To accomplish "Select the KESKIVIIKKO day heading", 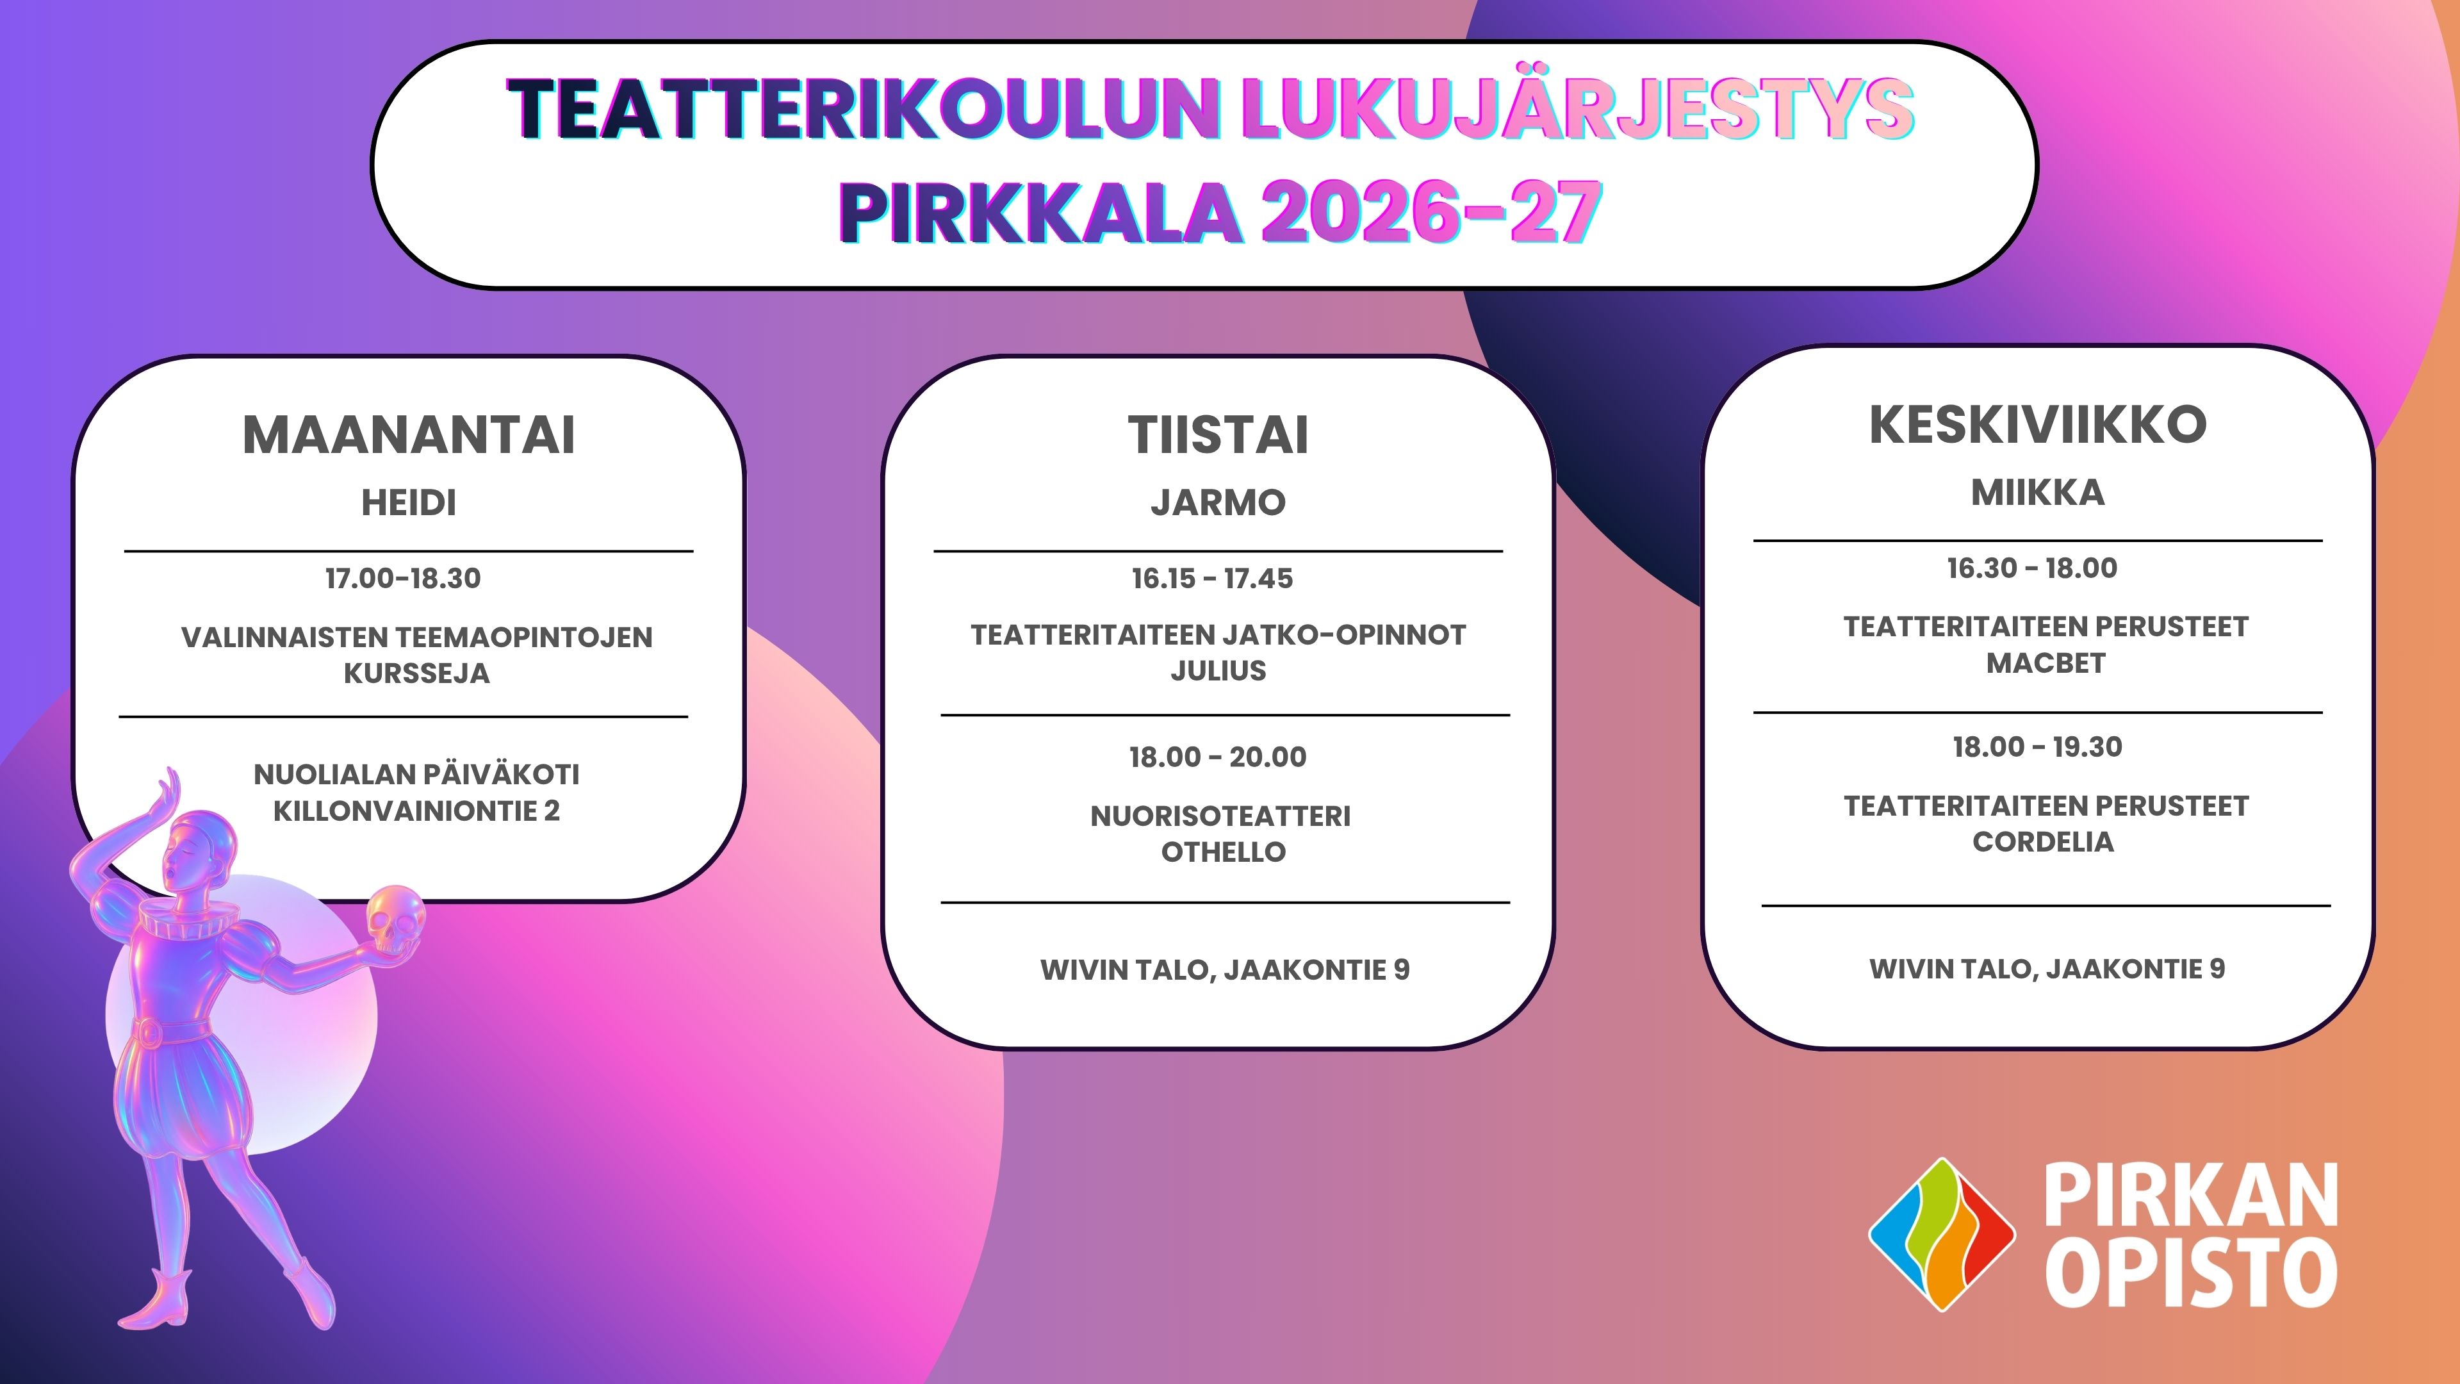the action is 2038,424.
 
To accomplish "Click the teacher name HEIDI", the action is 409,502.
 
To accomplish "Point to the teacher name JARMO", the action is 1218,502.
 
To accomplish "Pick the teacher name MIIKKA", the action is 2038,493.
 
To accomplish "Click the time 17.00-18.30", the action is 403,578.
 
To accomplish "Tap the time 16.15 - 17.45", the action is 1212,578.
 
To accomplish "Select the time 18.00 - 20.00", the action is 1218,757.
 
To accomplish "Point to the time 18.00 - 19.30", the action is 2038,746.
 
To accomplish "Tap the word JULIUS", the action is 1218,670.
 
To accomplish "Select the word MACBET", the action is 2046,663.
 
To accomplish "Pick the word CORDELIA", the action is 2044,841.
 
